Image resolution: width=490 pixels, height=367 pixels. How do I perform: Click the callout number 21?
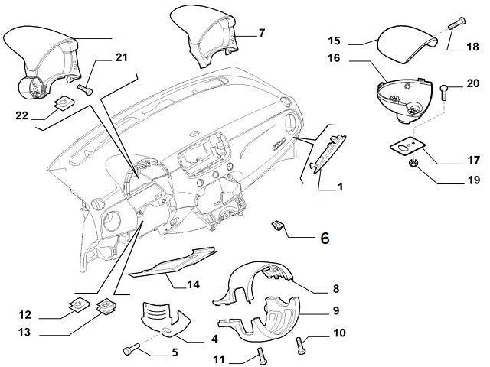(122, 57)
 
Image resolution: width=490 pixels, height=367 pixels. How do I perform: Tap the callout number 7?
(261, 33)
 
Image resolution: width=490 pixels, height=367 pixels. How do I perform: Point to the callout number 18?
(474, 47)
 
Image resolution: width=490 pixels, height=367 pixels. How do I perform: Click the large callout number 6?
(324, 239)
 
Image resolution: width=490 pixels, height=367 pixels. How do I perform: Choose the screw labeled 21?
(87, 90)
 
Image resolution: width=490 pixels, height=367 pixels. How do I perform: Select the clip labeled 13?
(104, 307)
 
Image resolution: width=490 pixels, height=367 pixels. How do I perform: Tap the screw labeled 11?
(260, 355)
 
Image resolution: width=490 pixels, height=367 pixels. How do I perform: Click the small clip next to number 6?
(279, 226)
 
